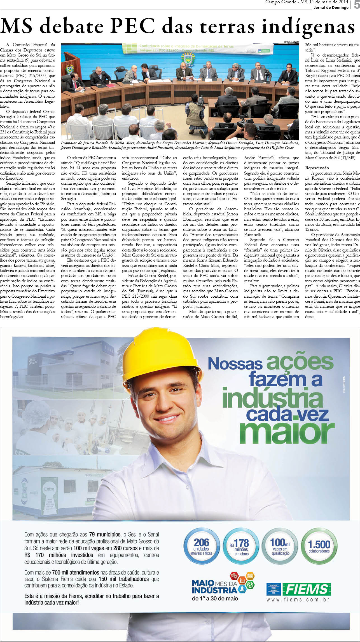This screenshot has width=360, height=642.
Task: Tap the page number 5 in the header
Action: [x=356, y=5]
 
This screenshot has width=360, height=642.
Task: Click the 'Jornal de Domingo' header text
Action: [x=331, y=8]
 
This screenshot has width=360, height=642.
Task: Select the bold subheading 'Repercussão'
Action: [x=317, y=168]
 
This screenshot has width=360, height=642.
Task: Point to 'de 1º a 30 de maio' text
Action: [x=215, y=599]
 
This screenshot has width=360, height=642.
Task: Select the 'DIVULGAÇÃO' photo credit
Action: [x=291, y=42]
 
